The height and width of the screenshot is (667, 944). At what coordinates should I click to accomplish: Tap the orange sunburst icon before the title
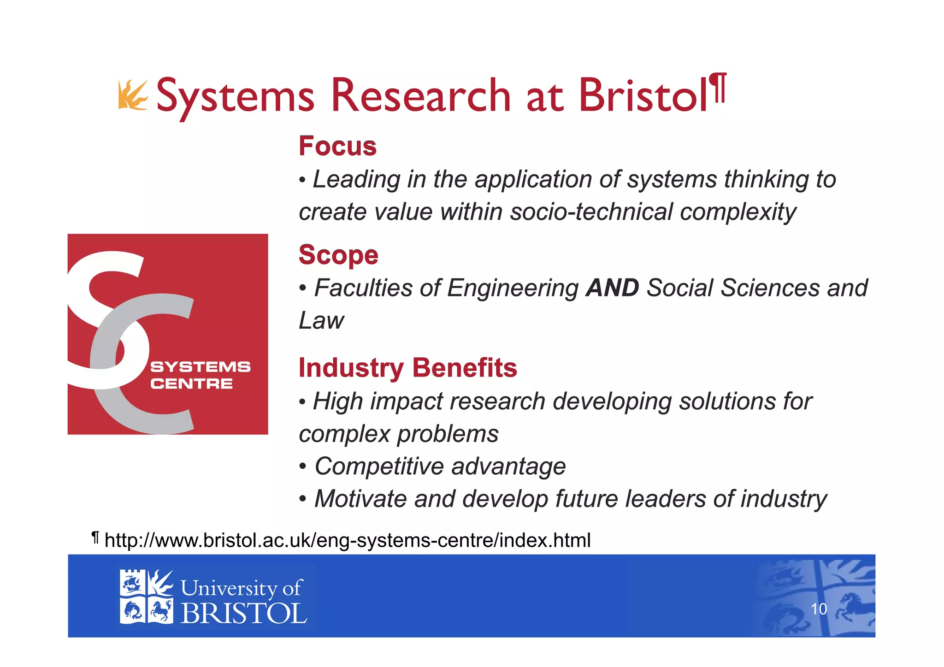[x=132, y=95]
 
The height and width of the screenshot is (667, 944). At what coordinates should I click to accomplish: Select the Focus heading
[x=337, y=146]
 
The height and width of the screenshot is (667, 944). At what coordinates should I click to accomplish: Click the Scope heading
[x=338, y=255]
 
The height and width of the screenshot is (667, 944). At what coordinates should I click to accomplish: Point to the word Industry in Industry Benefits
[x=351, y=368]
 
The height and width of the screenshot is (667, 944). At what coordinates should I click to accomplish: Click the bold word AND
[x=612, y=288]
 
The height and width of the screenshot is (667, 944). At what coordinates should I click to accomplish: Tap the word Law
[x=321, y=321]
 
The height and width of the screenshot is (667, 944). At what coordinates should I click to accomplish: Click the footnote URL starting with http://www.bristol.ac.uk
[x=348, y=540]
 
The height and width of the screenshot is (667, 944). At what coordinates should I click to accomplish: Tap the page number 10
[x=819, y=609]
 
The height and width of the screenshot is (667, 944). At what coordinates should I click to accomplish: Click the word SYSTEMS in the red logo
[x=200, y=367]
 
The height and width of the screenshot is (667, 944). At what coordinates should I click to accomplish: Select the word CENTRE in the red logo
[x=191, y=384]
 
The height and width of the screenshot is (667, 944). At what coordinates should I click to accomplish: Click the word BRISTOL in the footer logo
[x=243, y=614]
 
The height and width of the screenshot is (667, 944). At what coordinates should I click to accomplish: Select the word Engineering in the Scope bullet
[x=513, y=288]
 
